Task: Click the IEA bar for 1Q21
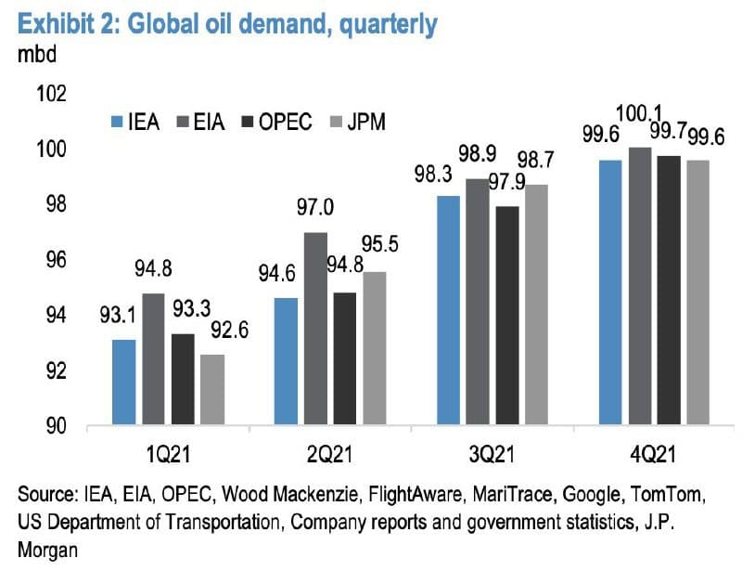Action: pos(123,383)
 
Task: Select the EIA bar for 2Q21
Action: pos(315,329)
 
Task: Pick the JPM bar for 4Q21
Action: pos(697,292)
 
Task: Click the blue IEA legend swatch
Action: pos(117,122)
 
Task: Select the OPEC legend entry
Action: pos(276,122)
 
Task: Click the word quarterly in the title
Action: pos(384,24)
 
